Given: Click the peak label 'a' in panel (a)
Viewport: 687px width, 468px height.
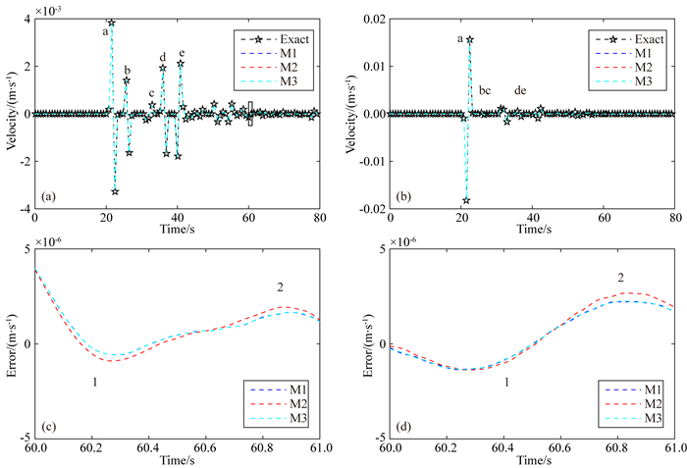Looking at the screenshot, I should [104, 31].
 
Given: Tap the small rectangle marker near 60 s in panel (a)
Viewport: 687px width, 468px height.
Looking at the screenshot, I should [250, 113].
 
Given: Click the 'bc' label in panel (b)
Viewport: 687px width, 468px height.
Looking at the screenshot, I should [485, 91].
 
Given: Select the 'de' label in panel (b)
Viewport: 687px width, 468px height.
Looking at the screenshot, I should [520, 91].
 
